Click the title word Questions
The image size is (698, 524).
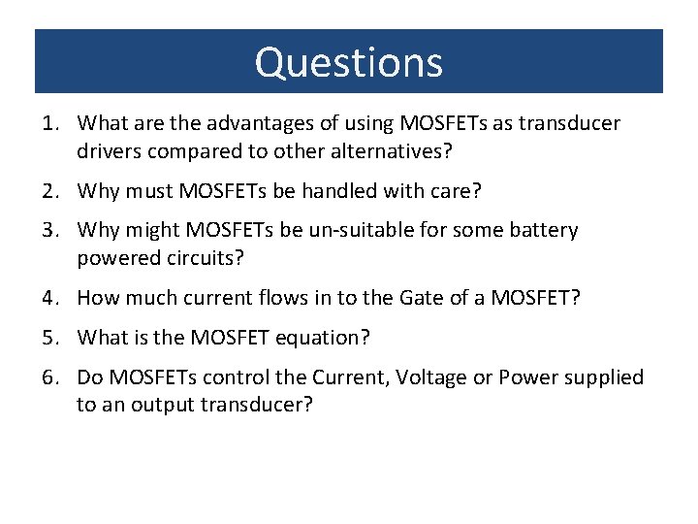pos(349,62)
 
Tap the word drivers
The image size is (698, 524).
pos(111,151)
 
